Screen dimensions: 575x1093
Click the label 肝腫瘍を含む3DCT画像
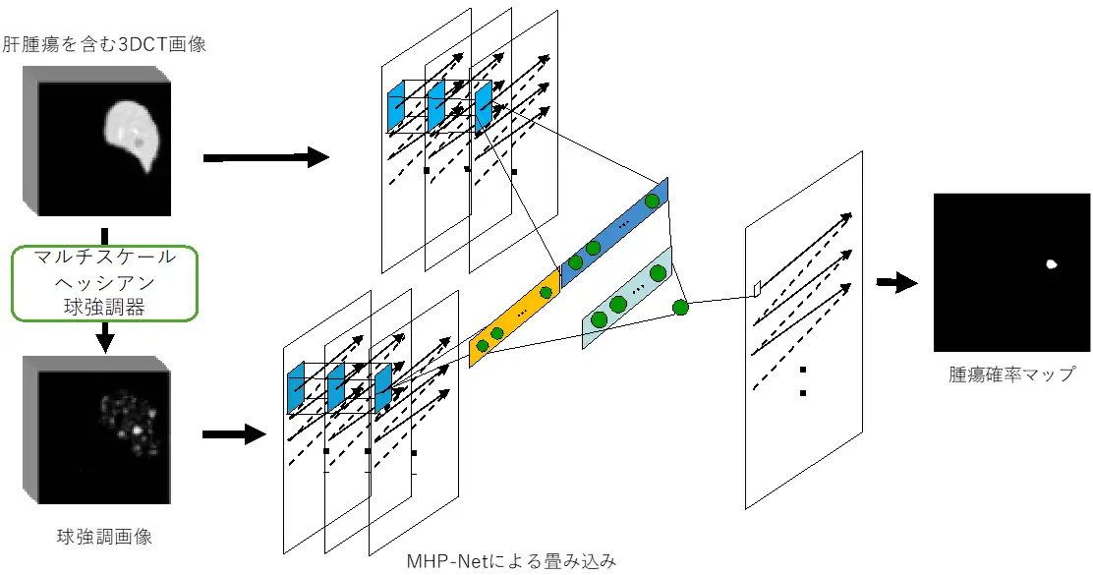pyautogui.click(x=104, y=44)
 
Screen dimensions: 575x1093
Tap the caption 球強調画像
pyautogui.click(x=104, y=537)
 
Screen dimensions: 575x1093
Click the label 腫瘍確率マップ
pyautogui.click(x=1011, y=374)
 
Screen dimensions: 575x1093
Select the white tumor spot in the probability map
pyautogui.click(x=1052, y=263)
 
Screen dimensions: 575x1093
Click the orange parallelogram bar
pyautogui.click(x=514, y=317)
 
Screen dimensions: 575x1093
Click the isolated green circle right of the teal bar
pyautogui.click(x=680, y=308)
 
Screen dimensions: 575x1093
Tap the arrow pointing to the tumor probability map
pyautogui.click(x=896, y=283)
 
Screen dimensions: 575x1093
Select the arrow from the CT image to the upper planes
pyautogui.click(x=265, y=156)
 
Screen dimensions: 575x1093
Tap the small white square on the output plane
pyautogui.click(x=758, y=288)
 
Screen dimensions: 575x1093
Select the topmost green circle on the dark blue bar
pyautogui.click(x=651, y=201)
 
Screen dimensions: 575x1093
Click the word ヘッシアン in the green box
pyautogui.click(x=104, y=283)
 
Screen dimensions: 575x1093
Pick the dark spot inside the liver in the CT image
pyautogui.click(x=141, y=144)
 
